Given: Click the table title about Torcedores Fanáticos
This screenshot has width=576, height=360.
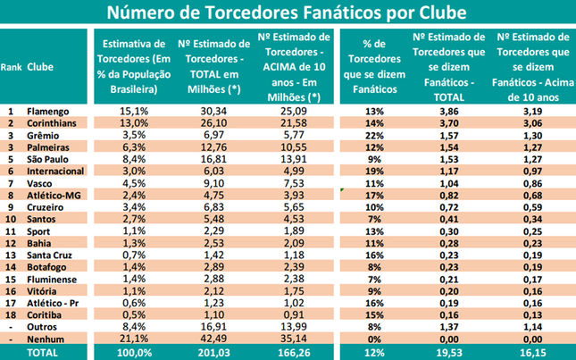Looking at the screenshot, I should [288, 13].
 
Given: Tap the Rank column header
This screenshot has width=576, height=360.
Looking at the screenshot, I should [11, 67].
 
